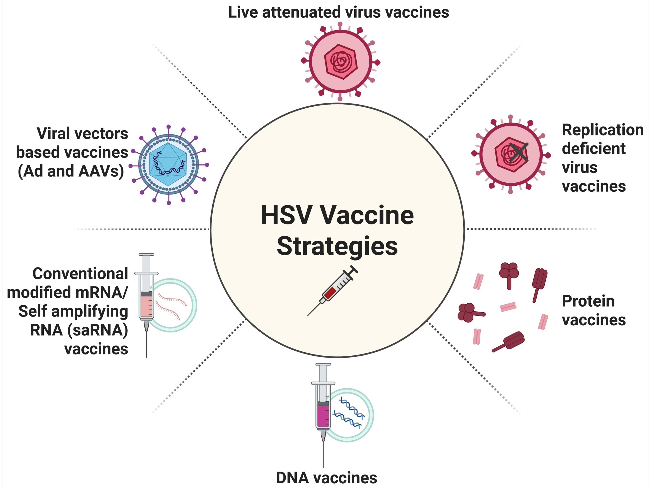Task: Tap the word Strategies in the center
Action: pos(337,246)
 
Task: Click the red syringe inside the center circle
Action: pos(333,290)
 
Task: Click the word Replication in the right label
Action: pos(602,130)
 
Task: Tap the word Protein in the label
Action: pos(588,301)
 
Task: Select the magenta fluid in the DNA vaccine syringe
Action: pos(323,417)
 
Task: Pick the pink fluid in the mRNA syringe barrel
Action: pos(146,306)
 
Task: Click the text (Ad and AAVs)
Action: pos(71,171)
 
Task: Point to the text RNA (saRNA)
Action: pos(79,330)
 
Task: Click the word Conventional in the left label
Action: pos(80,274)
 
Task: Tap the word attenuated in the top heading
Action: pos(301,12)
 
